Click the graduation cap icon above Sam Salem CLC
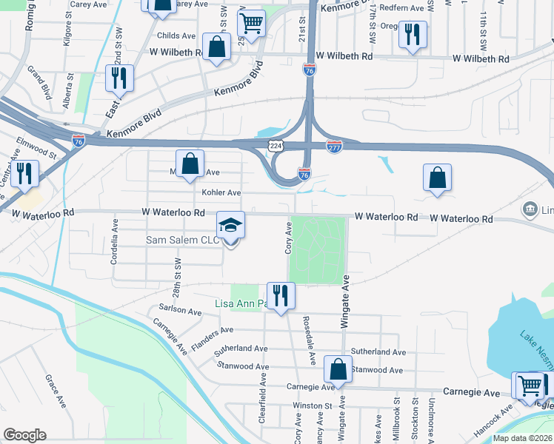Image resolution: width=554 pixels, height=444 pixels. (x=230, y=225)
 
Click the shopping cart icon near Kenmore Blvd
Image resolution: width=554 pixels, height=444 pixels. (x=252, y=23)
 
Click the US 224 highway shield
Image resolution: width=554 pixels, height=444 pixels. (x=276, y=147)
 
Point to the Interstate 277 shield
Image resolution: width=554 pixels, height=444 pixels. (x=334, y=147)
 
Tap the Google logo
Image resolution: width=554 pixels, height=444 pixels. (x=24, y=435)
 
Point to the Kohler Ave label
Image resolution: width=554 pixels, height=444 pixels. (x=221, y=192)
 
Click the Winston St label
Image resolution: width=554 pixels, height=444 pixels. (x=313, y=406)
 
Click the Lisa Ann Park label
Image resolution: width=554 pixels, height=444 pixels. (x=241, y=304)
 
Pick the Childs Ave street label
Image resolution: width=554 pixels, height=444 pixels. (x=175, y=35)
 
